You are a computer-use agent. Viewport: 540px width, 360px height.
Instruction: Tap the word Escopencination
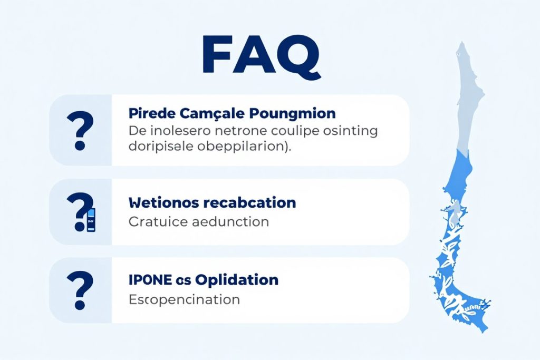click(x=184, y=299)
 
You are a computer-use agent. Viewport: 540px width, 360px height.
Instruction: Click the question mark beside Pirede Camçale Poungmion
click(x=80, y=130)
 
